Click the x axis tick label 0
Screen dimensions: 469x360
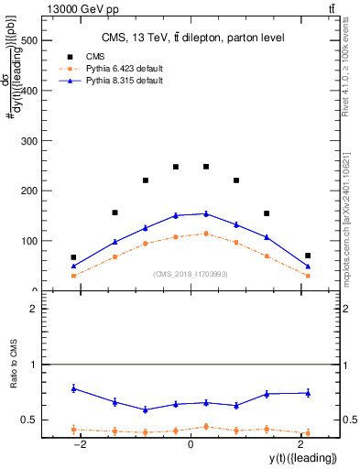tap(191, 444)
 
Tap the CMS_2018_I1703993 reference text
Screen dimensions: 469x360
tap(191, 273)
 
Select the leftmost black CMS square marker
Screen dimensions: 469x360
tap(73, 257)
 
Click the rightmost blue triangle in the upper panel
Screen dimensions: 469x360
tap(308, 267)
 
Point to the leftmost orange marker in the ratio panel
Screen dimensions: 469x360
tap(73, 429)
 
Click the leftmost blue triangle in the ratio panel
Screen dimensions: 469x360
tap(73, 388)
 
